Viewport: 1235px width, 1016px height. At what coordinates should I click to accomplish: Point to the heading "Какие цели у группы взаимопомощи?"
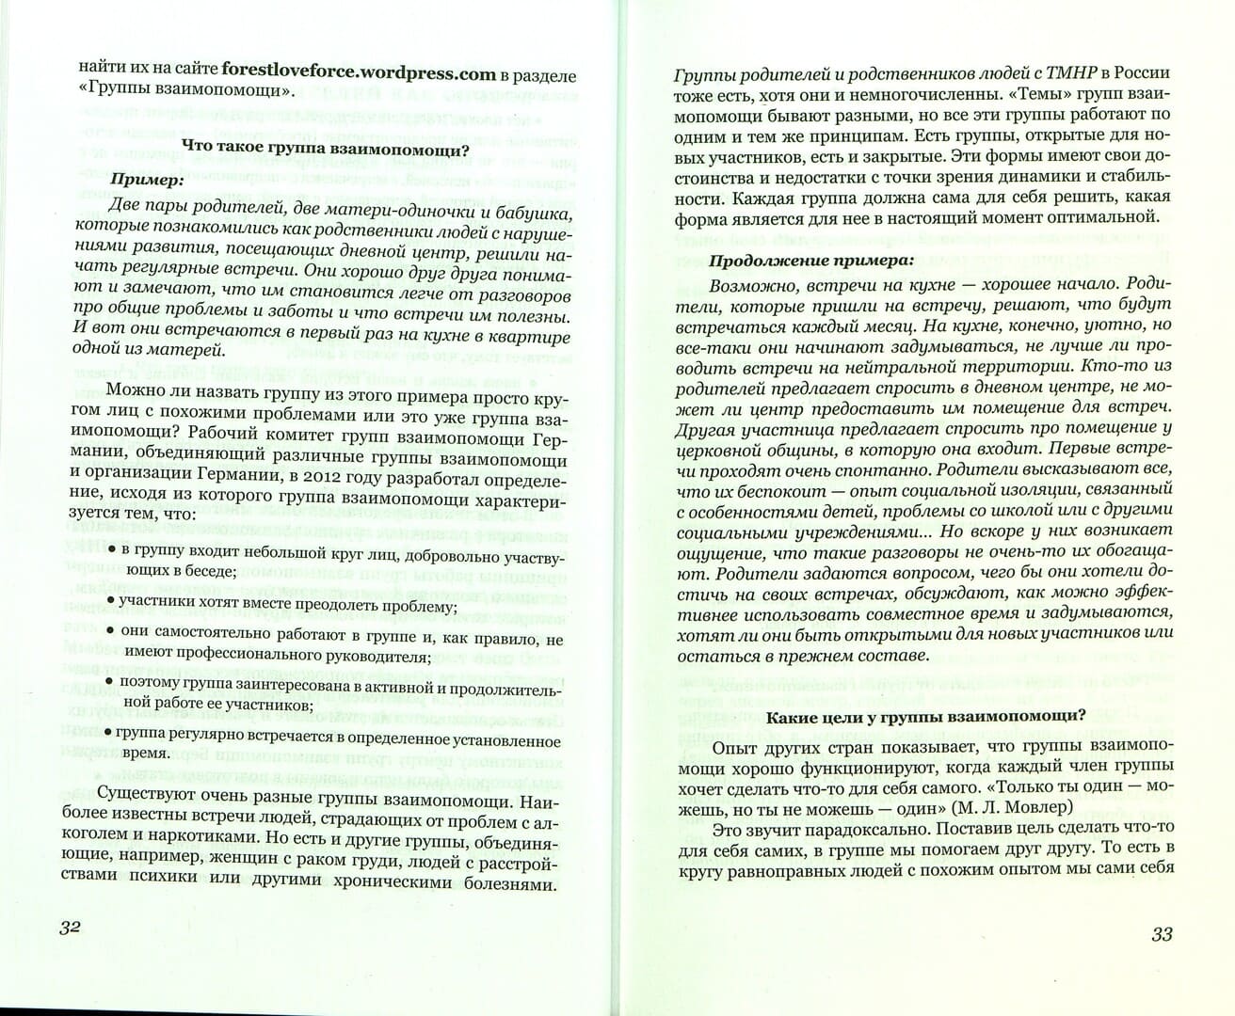(x=926, y=717)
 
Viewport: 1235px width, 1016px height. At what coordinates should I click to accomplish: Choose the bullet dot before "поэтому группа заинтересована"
(x=109, y=679)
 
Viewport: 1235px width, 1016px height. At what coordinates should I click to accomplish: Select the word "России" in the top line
(x=1140, y=74)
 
